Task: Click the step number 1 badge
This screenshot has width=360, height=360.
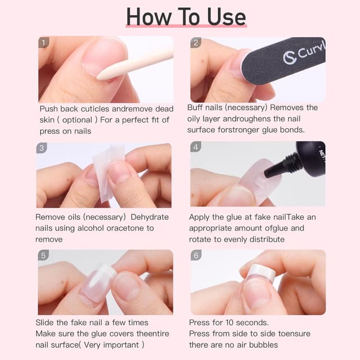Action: (x=44, y=42)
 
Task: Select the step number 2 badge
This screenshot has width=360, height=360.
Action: (x=196, y=42)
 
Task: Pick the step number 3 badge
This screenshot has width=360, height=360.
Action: (x=42, y=148)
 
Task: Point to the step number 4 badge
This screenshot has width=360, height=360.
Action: (x=196, y=147)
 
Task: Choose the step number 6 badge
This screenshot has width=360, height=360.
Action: (x=196, y=255)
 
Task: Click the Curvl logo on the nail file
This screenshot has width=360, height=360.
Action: (x=304, y=56)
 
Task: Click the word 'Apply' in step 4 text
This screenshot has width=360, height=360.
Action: (x=200, y=217)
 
